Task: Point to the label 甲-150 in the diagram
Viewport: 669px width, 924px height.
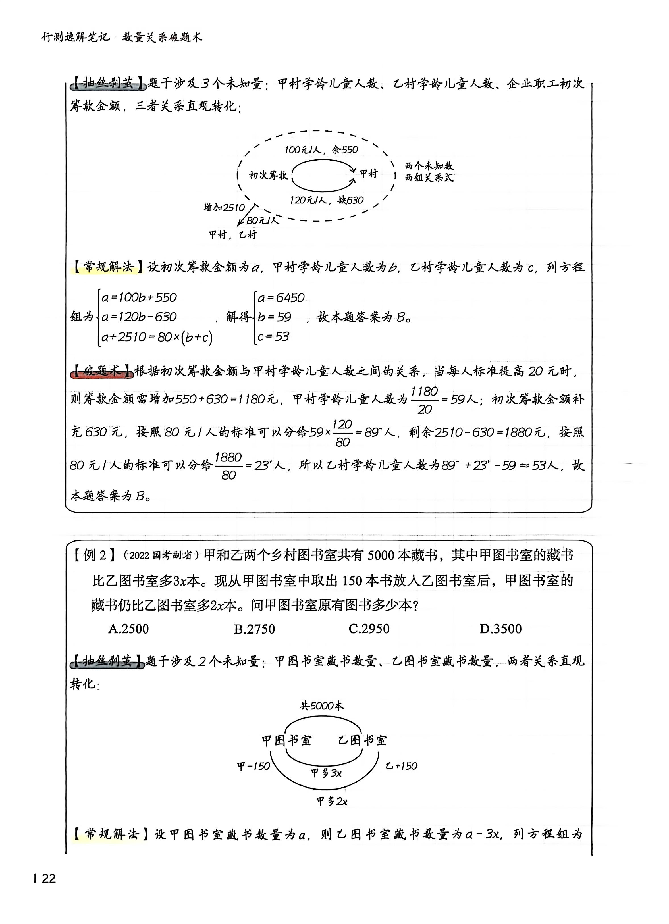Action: (254, 766)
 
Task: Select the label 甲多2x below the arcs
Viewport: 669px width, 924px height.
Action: (332, 801)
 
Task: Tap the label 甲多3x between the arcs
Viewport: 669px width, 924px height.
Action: (326, 773)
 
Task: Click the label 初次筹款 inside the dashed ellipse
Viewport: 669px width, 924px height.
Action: (268, 175)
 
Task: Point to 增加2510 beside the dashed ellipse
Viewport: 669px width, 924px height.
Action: (224, 207)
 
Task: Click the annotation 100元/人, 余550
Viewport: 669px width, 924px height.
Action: (321, 150)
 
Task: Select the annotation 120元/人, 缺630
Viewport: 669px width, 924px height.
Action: (326, 200)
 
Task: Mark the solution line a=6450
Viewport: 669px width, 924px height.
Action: (281, 298)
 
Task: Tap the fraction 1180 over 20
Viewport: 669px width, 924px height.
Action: (424, 400)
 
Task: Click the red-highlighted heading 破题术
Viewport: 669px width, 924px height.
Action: (101, 371)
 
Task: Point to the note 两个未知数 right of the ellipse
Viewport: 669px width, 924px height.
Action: (429, 166)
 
